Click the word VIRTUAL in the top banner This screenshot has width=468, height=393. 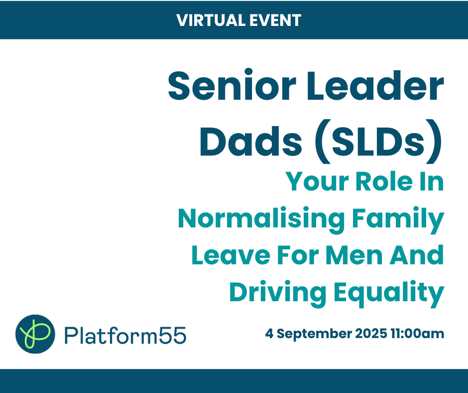211,20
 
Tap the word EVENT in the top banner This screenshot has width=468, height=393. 275,20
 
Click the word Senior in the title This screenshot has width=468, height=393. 232,85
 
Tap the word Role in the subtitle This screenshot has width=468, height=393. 384,182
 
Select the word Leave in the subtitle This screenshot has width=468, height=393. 231,255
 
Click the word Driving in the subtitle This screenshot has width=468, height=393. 278,293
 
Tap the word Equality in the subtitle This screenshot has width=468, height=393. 389,293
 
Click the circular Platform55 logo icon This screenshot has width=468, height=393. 35,334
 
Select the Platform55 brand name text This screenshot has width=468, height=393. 125,335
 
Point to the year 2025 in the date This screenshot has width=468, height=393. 371,333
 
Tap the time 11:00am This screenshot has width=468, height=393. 417,333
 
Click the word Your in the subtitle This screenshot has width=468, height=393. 318,182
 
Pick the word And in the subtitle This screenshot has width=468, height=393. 417,255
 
